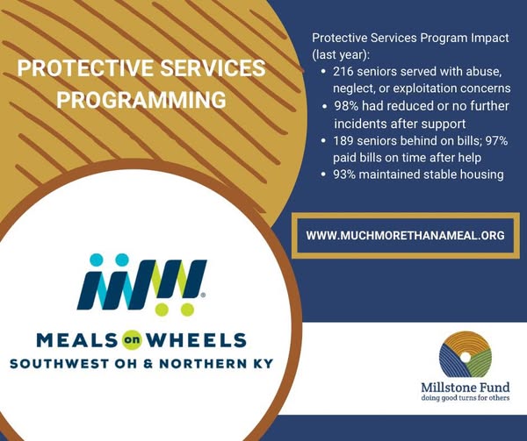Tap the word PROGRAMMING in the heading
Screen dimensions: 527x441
point(141,100)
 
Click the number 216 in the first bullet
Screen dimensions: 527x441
point(343,71)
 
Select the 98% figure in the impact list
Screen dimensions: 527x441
point(346,106)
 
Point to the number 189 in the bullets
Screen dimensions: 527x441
point(343,141)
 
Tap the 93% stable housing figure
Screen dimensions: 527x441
point(344,174)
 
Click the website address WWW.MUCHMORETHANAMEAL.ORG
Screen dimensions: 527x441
point(405,236)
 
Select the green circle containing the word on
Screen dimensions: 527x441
point(132,340)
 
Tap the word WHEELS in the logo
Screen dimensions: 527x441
point(196,340)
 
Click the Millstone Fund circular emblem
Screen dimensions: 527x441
point(466,357)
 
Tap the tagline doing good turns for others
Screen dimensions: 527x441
point(466,398)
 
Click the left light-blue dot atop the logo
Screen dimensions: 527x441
point(97,260)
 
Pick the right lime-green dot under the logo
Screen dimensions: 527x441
point(188,309)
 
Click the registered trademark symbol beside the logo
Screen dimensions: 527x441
point(203,295)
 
